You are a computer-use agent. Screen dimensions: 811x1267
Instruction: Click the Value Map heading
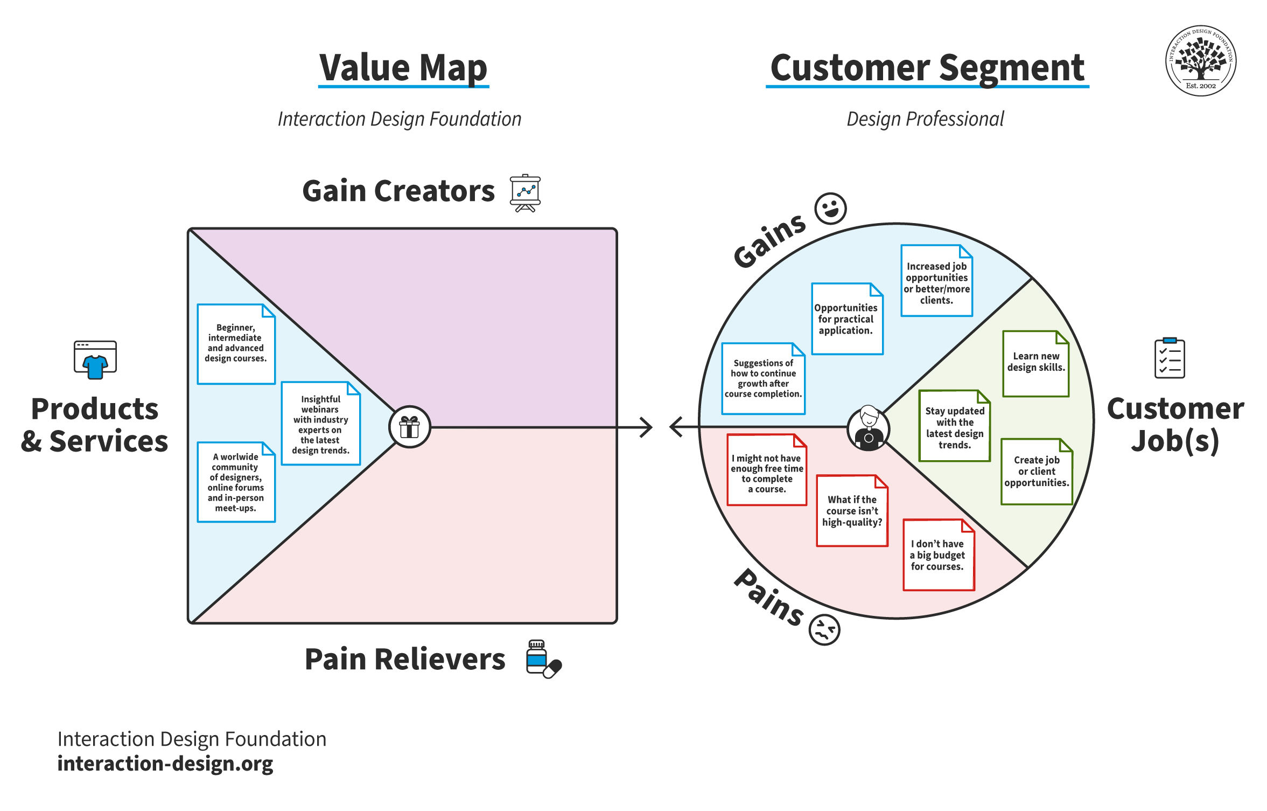pos(403,68)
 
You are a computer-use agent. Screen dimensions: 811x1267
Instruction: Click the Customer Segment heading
pos(927,68)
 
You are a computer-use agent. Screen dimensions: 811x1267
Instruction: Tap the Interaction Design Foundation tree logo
pos(1200,60)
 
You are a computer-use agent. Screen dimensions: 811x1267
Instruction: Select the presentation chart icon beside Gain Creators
pos(525,192)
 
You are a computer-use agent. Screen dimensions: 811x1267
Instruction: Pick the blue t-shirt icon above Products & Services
pos(95,360)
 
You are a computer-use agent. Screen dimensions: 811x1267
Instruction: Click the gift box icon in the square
pos(409,427)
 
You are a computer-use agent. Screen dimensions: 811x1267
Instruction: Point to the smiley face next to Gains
pos(830,209)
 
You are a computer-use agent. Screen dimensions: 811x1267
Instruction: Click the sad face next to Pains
pos(824,629)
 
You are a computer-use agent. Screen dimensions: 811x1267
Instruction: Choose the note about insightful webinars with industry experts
pos(320,424)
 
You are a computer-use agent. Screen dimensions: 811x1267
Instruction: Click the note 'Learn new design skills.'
pos(1035,364)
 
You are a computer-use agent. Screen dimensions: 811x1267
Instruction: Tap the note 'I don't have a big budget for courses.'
pos(938,555)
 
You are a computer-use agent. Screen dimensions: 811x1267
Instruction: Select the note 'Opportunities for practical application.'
pos(846,318)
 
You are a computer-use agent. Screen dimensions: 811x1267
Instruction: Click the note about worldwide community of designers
pos(236,482)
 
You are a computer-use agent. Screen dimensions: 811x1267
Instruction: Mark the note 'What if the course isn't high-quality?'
pos(852,510)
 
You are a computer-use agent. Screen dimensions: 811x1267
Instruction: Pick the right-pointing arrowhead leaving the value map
pos(646,427)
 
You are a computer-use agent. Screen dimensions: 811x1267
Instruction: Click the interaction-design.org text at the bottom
pos(165,764)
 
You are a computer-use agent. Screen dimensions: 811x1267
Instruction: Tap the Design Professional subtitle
pos(925,119)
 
